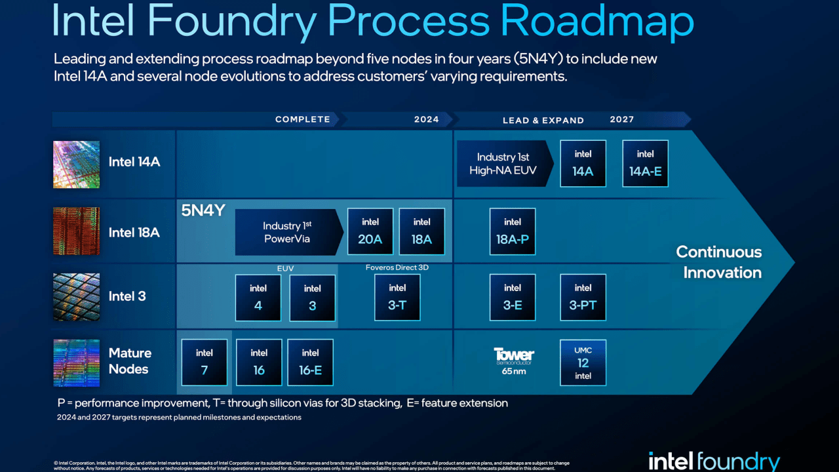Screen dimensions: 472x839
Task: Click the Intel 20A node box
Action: pyautogui.click(x=370, y=232)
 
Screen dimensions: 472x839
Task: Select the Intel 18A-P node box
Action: pyautogui.click(x=513, y=232)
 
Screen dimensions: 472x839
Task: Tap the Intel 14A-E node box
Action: pyautogui.click(x=645, y=163)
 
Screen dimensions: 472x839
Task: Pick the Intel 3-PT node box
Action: pyautogui.click(x=583, y=297)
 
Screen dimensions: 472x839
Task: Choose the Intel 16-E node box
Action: pyautogui.click(x=310, y=363)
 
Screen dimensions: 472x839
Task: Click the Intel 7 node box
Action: pyautogui.click(x=204, y=363)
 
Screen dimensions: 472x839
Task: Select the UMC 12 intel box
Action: pyautogui.click(x=583, y=363)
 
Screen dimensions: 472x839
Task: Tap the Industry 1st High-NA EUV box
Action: pyautogui.click(x=503, y=163)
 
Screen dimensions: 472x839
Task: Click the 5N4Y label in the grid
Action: pyautogui.click(x=203, y=211)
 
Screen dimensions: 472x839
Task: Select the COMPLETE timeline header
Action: pyautogui.click(x=303, y=119)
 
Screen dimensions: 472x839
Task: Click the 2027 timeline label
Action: pyautogui.click(x=621, y=119)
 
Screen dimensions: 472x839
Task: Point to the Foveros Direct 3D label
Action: pyautogui.click(x=397, y=267)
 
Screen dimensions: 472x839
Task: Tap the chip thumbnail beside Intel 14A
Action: pyautogui.click(x=76, y=165)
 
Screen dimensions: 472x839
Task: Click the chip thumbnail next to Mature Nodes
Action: pyautogui.click(x=76, y=363)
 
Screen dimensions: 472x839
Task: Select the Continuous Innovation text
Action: pyautogui.click(x=718, y=262)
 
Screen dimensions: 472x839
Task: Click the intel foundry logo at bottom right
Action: pyautogui.click(x=714, y=461)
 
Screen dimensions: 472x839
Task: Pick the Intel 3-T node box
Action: pyautogui.click(x=397, y=297)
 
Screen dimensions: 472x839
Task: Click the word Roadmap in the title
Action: pyautogui.click(x=596, y=22)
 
